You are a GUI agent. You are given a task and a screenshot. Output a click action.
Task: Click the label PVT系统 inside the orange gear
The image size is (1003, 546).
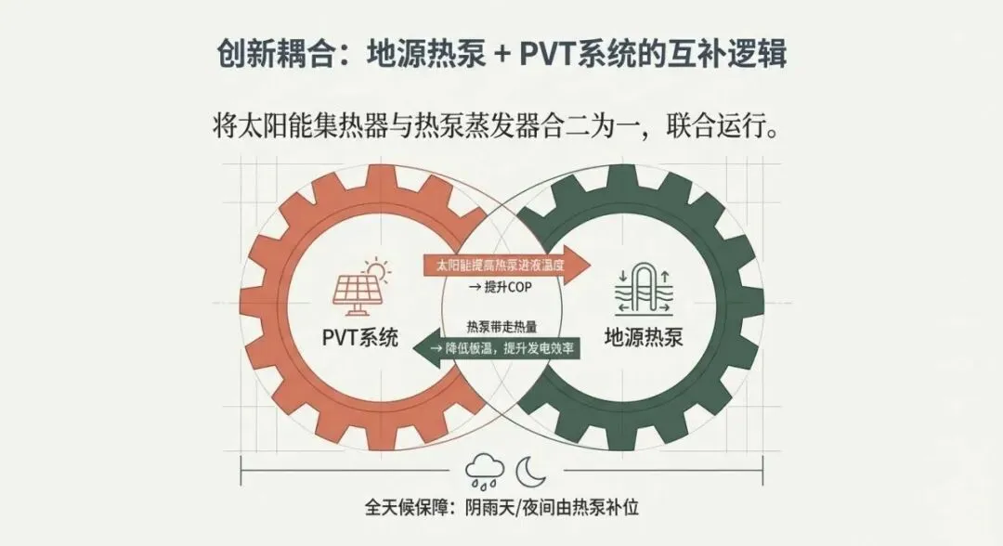click(359, 337)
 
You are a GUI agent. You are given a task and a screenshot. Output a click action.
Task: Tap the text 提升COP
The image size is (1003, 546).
click(506, 287)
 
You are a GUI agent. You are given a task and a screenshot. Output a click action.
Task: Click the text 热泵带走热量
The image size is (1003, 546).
click(501, 326)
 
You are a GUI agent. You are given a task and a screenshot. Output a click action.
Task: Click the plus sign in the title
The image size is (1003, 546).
click(502, 55)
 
